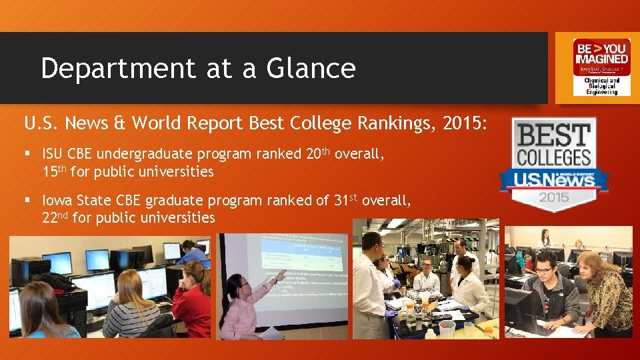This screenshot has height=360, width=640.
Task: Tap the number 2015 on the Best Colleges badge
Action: coord(554,197)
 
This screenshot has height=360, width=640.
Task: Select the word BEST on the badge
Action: coord(554,135)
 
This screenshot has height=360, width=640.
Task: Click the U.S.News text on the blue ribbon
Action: coord(554,179)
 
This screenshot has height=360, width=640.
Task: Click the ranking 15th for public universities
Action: coord(54,171)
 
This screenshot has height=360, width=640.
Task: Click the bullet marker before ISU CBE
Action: coord(27,154)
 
